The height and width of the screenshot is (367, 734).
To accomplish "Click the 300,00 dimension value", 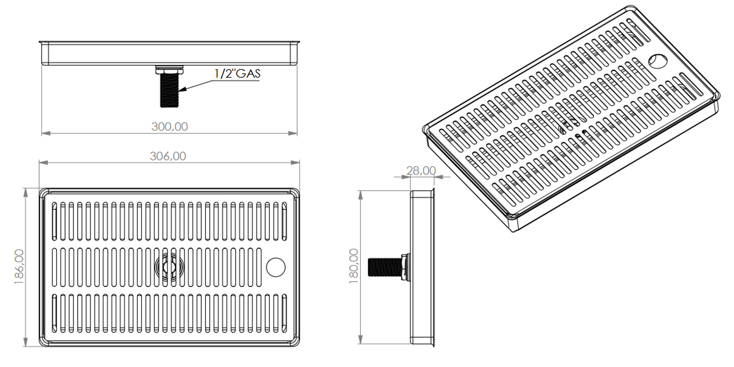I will pos(170,127).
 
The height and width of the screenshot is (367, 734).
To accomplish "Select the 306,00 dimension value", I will pos(168,156).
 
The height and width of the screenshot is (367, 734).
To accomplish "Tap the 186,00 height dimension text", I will pos(19,266).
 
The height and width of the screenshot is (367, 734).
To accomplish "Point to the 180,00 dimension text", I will pos(354,266).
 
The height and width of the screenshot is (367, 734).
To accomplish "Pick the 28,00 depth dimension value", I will pos(421,171).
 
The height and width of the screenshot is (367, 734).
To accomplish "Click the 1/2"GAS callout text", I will pos(237,73).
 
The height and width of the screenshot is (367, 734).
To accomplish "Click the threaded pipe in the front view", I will pos(169,90).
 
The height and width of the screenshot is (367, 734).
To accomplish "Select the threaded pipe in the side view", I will pos(384,267).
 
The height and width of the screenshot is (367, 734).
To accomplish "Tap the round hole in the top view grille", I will pos(275,267).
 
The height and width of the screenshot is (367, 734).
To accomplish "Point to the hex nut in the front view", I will pos(169,69).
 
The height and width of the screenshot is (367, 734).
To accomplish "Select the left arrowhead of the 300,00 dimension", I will pos(45,133).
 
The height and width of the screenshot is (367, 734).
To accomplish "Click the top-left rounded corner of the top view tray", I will pos(43,192).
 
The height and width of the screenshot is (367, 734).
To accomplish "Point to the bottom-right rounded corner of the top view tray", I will pos(295,343).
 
